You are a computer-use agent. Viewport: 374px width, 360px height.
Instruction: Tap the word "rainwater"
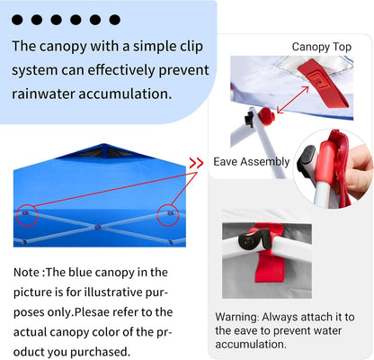point(47,92)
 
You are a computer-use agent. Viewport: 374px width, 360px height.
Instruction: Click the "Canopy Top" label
point(321,47)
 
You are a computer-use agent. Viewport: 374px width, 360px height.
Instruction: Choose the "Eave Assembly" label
point(252,162)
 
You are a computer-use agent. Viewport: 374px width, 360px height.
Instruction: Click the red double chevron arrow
point(195,163)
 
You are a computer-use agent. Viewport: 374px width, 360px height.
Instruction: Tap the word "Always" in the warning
point(292,317)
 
